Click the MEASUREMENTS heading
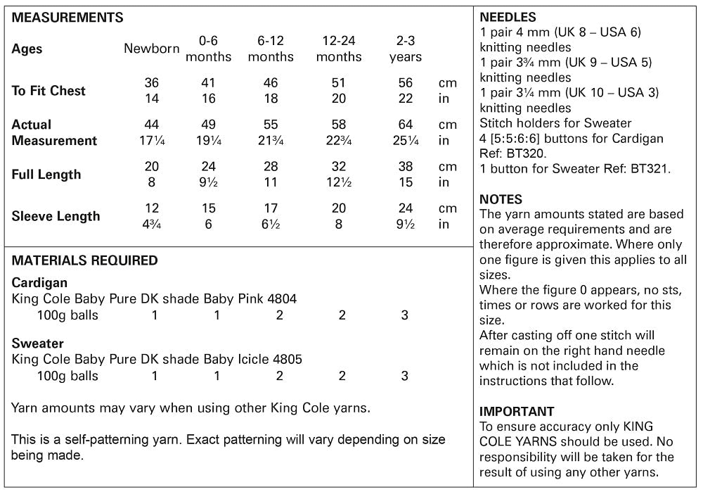[67, 18]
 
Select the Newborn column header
[151, 49]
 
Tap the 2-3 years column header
[406, 49]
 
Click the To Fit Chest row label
[49, 91]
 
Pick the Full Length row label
[46, 175]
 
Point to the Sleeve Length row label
[56, 216]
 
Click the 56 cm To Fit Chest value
[406, 83]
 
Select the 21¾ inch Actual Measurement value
[271, 140]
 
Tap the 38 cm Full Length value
[406, 167]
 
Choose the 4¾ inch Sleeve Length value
[152, 225]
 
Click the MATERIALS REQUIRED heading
[84, 260]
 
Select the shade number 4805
[288, 360]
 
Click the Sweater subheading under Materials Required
[38, 344]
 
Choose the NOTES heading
[501, 200]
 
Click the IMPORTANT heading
[517, 412]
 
